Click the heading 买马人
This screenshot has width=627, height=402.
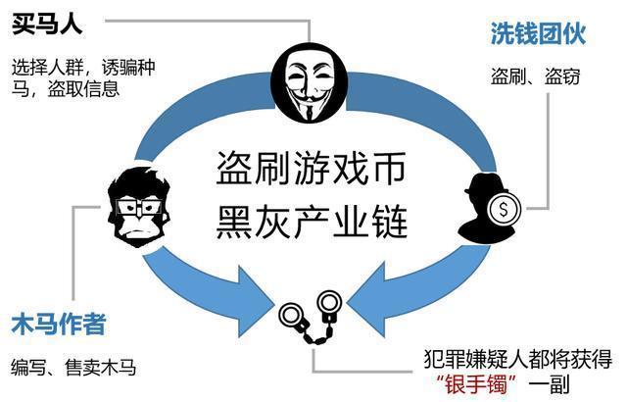[47, 25]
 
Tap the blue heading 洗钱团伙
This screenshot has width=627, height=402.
[538, 33]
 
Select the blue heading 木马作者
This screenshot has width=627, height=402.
[59, 324]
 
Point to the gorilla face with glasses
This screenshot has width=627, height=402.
[138, 206]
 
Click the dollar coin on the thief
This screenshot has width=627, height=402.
[504, 210]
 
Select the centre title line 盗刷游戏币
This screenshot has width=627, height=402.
[311, 169]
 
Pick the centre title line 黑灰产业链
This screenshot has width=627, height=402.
[312, 222]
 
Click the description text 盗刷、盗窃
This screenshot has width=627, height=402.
[535, 76]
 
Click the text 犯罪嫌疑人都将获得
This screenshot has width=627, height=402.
[518, 360]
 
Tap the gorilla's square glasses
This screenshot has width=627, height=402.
[138, 208]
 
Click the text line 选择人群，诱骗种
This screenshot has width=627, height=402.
[83, 67]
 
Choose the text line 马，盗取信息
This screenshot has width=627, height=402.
[66, 88]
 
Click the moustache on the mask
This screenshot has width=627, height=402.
[308, 97]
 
